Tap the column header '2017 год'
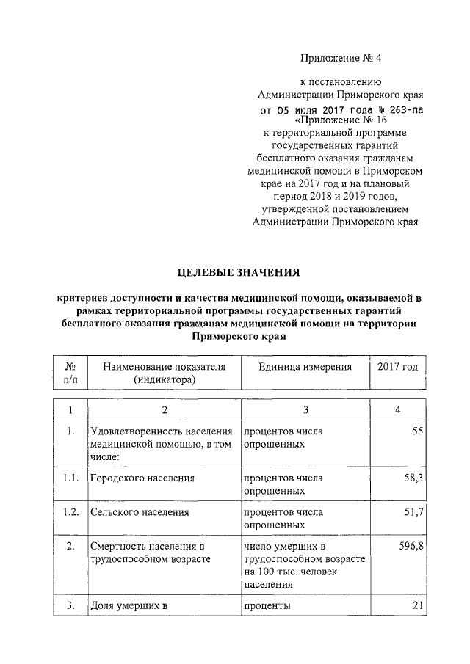(x=397, y=367)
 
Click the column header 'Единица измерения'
(x=305, y=367)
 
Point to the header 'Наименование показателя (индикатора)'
(x=164, y=373)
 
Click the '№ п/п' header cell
(x=71, y=373)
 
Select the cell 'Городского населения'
(x=142, y=478)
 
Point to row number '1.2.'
(x=71, y=513)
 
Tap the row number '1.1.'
(x=71, y=478)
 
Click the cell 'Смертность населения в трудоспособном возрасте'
(x=145, y=553)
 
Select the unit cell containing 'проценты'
(x=267, y=607)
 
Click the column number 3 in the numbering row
(x=305, y=409)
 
